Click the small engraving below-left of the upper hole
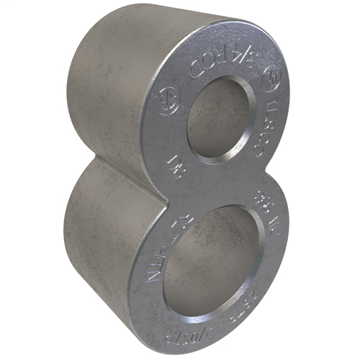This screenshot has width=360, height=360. tap(173, 165)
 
